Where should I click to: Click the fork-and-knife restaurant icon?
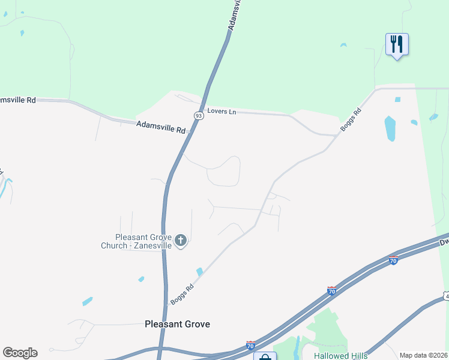[397, 44]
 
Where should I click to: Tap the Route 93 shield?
[199, 115]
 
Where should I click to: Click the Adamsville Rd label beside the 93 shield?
[161, 127]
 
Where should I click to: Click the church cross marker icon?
[181, 242]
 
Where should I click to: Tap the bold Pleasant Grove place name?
[178, 324]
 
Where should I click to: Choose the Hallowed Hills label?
[341, 356]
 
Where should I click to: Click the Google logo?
[20, 353]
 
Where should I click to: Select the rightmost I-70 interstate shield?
[393, 260]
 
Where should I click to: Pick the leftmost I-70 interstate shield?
[250, 346]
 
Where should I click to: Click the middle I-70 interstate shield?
[331, 291]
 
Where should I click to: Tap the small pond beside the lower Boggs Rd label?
[199, 272]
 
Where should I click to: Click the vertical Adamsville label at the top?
[235, 15]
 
